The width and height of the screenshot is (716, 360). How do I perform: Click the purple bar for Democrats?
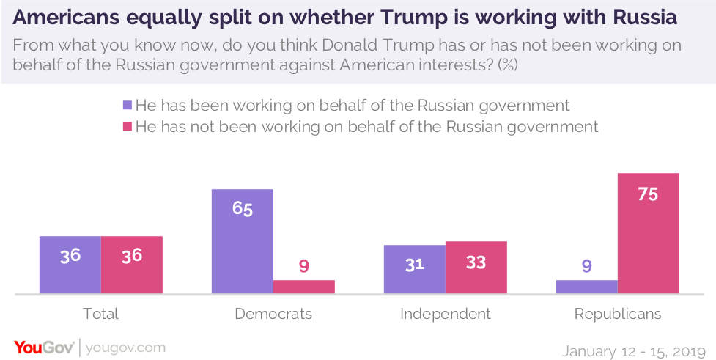click(x=243, y=242)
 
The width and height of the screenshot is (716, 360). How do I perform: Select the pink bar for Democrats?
click(x=304, y=287)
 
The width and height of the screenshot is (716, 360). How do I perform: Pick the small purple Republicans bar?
click(x=586, y=287)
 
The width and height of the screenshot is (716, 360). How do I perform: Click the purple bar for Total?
click(x=70, y=265)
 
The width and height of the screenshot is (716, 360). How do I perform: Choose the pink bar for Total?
click(x=132, y=265)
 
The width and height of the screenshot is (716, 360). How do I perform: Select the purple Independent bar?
click(x=415, y=269)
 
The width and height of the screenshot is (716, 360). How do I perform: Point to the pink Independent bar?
click(x=476, y=268)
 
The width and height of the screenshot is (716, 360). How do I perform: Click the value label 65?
click(x=243, y=209)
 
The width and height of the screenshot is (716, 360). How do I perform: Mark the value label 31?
click(x=415, y=263)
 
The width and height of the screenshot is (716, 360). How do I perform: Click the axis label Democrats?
click(x=273, y=315)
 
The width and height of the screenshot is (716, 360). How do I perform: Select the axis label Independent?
click(x=446, y=315)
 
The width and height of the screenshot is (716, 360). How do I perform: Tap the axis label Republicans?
click(x=618, y=315)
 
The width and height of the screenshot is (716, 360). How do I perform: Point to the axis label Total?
click(x=101, y=315)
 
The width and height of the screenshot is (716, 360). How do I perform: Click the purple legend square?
click(x=128, y=104)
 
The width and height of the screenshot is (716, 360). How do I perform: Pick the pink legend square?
click(x=128, y=126)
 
